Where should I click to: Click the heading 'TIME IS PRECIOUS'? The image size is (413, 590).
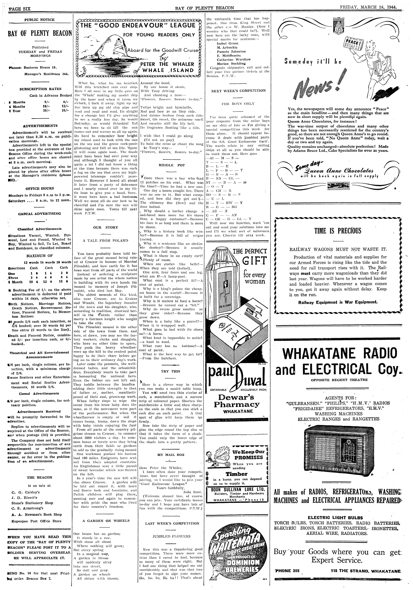click(x=337, y=231)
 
